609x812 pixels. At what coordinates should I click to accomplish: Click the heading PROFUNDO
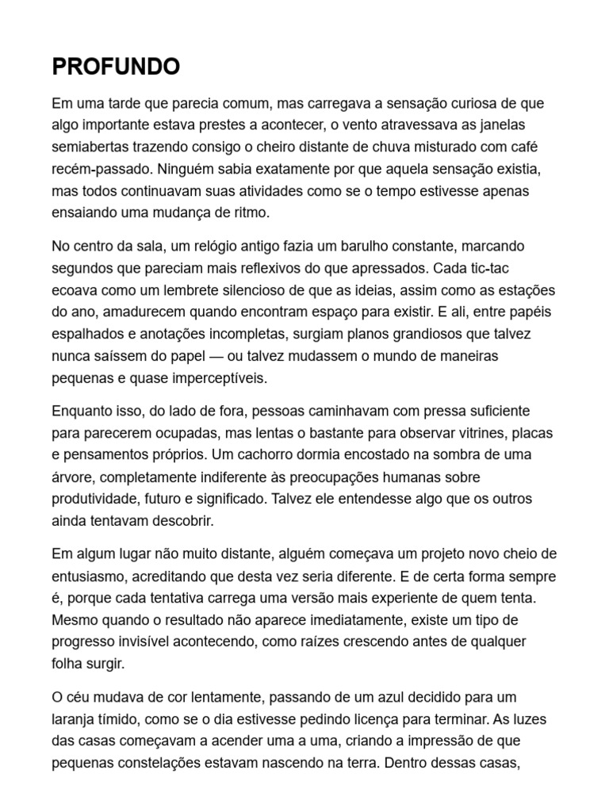click(x=116, y=67)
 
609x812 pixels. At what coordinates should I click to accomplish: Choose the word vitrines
click(x=481, y=433)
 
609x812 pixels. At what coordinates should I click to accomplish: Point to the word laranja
click(x=76, y=718)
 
